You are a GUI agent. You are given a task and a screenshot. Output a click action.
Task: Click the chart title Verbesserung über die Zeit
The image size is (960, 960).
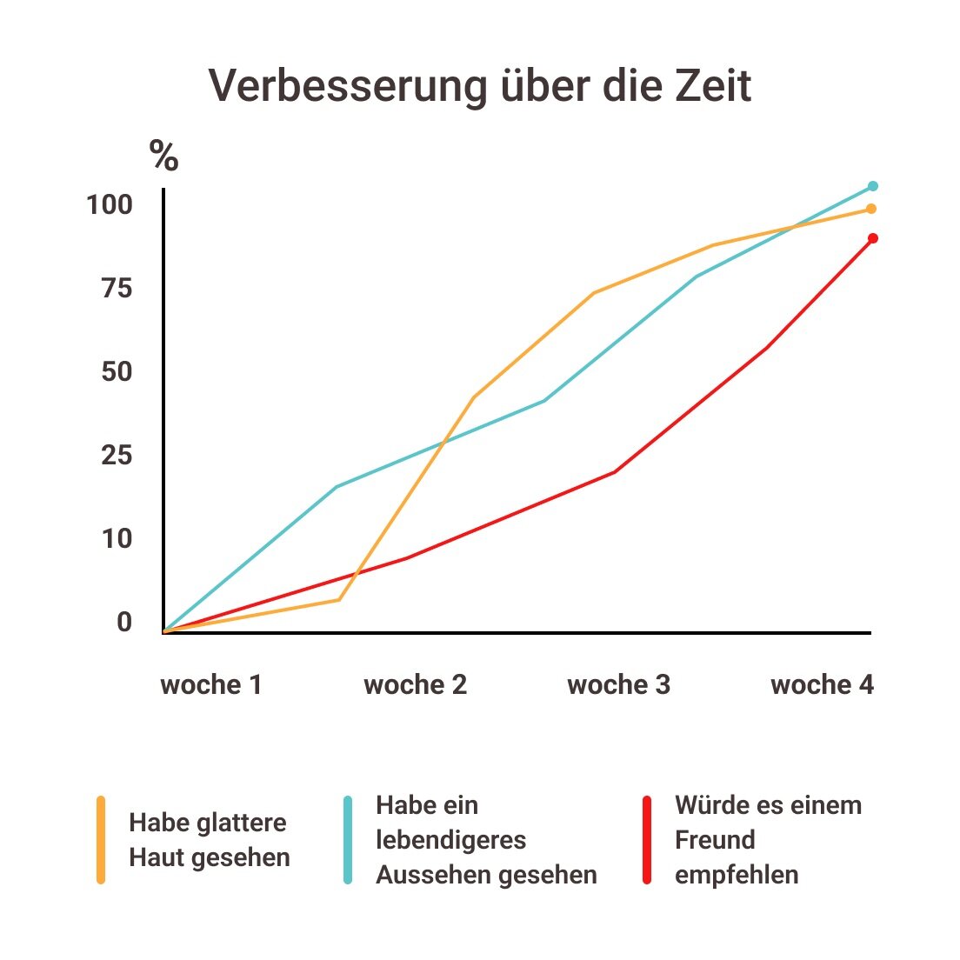(480, 86)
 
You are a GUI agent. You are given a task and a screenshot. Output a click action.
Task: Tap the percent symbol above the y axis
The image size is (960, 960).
(163, 156)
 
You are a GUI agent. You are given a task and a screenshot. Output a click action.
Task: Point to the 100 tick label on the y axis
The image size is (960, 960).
(110, 205)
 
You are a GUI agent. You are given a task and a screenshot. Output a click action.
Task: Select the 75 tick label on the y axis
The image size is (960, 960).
(117, 289)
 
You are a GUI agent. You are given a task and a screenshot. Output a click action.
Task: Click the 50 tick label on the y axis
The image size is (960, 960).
(117, 372)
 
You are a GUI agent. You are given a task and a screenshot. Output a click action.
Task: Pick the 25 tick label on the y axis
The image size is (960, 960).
(117, 456)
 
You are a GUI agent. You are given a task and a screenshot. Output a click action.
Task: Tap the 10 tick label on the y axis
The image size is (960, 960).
(117, 539)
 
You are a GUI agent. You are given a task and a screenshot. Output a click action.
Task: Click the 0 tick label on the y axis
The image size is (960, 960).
(124, 623)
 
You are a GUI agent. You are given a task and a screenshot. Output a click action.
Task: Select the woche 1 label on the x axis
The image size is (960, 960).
(211, 685)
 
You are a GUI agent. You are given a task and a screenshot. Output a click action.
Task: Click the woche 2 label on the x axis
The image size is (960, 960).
(415, 685)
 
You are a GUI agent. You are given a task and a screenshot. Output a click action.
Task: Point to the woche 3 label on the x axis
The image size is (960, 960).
(618, 685)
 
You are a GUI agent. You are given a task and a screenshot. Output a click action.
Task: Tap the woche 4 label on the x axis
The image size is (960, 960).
(822, 685)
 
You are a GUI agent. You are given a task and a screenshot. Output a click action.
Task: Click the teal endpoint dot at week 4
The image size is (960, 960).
(873, 186)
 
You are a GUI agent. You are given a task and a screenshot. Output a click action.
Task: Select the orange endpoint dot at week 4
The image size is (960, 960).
(871, 209)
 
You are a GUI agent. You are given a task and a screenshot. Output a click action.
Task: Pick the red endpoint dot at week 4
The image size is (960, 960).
(873, 238)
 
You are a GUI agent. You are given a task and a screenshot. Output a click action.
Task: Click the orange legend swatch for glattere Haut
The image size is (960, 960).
(101, 840)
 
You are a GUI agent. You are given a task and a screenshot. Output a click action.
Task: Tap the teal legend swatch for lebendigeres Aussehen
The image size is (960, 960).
(348, 840)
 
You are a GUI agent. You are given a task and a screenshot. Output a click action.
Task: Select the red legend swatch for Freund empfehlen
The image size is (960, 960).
(647, 840)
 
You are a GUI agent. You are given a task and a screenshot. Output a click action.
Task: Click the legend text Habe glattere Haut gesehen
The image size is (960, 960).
(209, 840)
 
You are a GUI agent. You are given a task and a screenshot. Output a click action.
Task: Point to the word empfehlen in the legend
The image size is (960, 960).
(737, 875)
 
